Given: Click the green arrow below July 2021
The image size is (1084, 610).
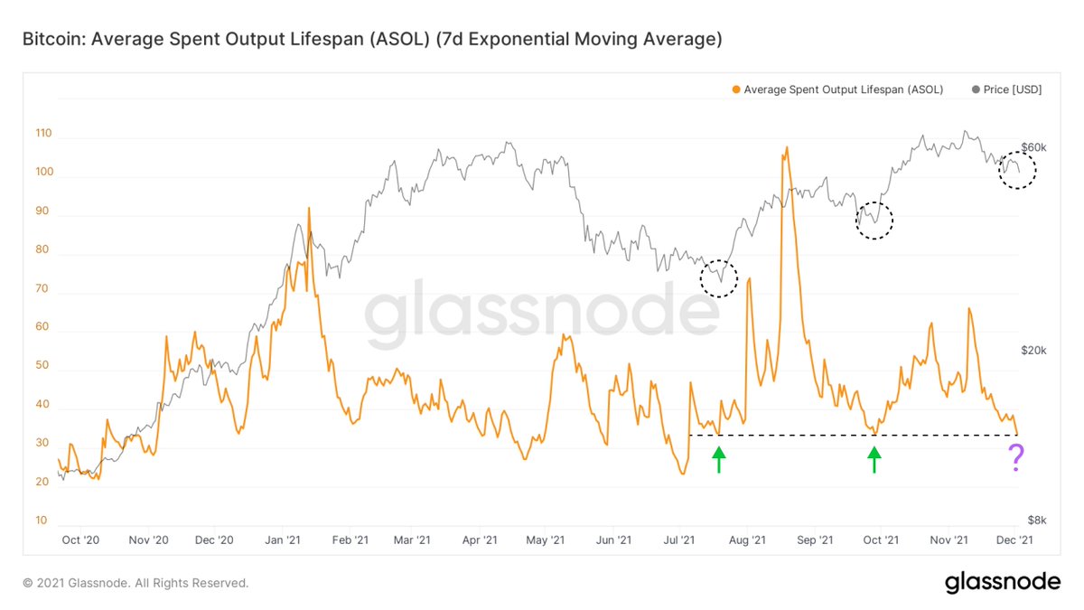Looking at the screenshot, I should coord(718,461).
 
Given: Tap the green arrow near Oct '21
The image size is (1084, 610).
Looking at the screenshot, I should coord(874,461).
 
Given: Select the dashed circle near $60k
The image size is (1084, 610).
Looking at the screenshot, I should coord(1017,169).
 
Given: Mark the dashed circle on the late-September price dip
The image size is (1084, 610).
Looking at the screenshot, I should coord(874,220).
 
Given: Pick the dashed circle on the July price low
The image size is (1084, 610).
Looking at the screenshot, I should coord(719,278).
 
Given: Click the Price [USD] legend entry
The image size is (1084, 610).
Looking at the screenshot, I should coord(1006,89).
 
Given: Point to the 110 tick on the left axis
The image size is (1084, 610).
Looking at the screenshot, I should coord(43,134).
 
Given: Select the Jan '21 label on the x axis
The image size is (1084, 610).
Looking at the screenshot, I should coord(283,540).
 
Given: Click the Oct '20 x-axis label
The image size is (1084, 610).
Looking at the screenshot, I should coord(79,540).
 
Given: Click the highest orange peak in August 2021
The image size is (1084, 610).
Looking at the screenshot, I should coord(787,147).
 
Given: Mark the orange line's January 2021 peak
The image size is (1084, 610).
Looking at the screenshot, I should coord(309,209).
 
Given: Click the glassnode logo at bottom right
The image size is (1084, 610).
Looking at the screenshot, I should coord(1002,583).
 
